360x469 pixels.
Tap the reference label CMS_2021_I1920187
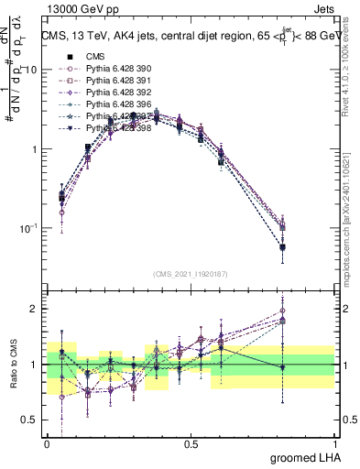tap(191, 273)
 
